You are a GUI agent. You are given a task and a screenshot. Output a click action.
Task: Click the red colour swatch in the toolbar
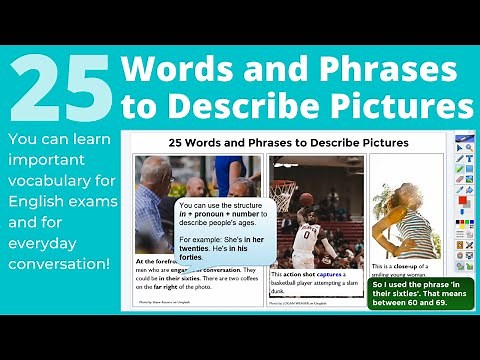point(462,201)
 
